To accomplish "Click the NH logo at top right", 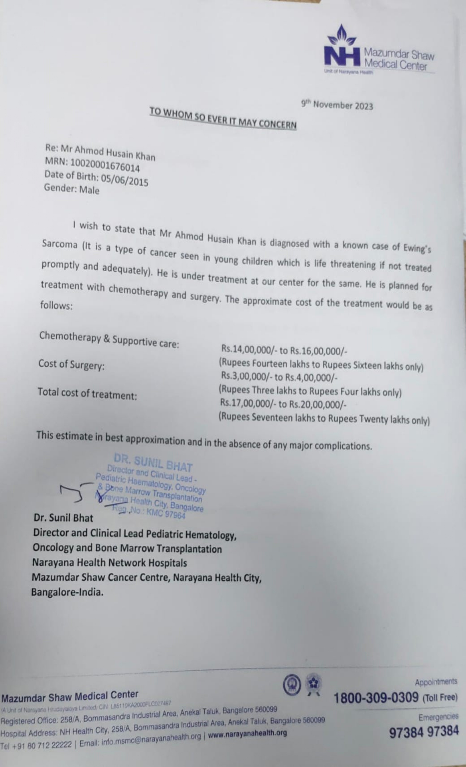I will pos(342,49).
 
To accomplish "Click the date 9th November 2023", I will pos(337,105).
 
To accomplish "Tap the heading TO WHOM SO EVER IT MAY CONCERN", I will pos(223,118).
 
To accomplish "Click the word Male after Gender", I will pos(89,190).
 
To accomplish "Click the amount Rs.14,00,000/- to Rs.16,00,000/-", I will pos(284,350).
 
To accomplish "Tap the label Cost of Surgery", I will pos(71,365).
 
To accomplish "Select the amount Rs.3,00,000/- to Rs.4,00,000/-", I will pos(279,377).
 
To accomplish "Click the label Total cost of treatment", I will pos(87,394).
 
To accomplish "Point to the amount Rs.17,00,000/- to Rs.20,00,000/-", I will pos(283,404).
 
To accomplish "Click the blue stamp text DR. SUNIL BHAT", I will pos(153,462).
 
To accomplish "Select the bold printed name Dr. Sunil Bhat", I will pos(63,518).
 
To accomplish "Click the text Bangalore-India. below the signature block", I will pos(67,592).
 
